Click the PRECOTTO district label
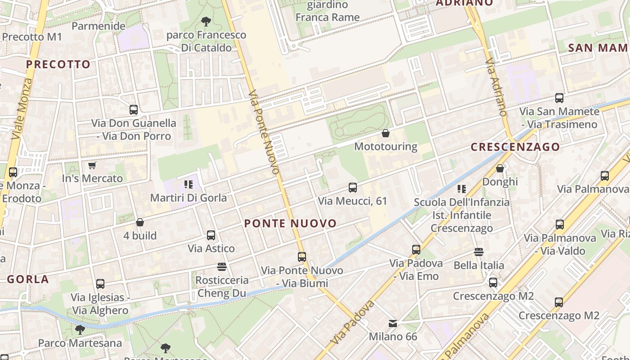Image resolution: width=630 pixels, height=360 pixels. [x=58, y=64]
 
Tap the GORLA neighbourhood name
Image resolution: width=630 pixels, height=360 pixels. [x=28, y=279]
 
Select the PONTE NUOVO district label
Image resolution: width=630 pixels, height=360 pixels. [x=290, y=224]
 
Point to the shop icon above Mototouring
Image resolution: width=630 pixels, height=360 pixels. [x=386, y=133]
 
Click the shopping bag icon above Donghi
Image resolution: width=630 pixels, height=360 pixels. [x=500, y=169]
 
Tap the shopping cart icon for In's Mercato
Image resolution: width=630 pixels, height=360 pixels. [x=92, y=166]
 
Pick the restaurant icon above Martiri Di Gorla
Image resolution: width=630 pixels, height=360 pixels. [x=188, y=184]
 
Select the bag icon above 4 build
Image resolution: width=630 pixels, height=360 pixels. [x=140, y=222]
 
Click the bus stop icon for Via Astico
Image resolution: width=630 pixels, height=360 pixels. [x=211, y=235]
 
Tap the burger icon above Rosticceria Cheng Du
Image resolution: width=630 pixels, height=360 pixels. [x=221, y=267]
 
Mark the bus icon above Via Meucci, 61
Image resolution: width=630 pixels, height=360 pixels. [x=353, y=188]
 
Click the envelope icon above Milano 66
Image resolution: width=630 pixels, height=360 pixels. [x=393, y=323]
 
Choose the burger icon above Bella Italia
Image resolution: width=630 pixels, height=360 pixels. [x=478, y=252]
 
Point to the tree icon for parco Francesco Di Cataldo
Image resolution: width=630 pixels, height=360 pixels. [x=206, y=21]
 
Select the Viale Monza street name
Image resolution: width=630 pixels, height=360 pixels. [x=22, y=108]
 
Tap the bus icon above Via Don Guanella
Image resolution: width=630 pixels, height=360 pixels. [x=134, y=109]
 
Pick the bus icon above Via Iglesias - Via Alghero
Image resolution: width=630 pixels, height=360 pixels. [x=100, y=284]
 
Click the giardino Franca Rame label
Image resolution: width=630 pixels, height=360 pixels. [x=328, y=11]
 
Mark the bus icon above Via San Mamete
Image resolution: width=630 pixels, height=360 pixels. [x=559, y=98]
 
